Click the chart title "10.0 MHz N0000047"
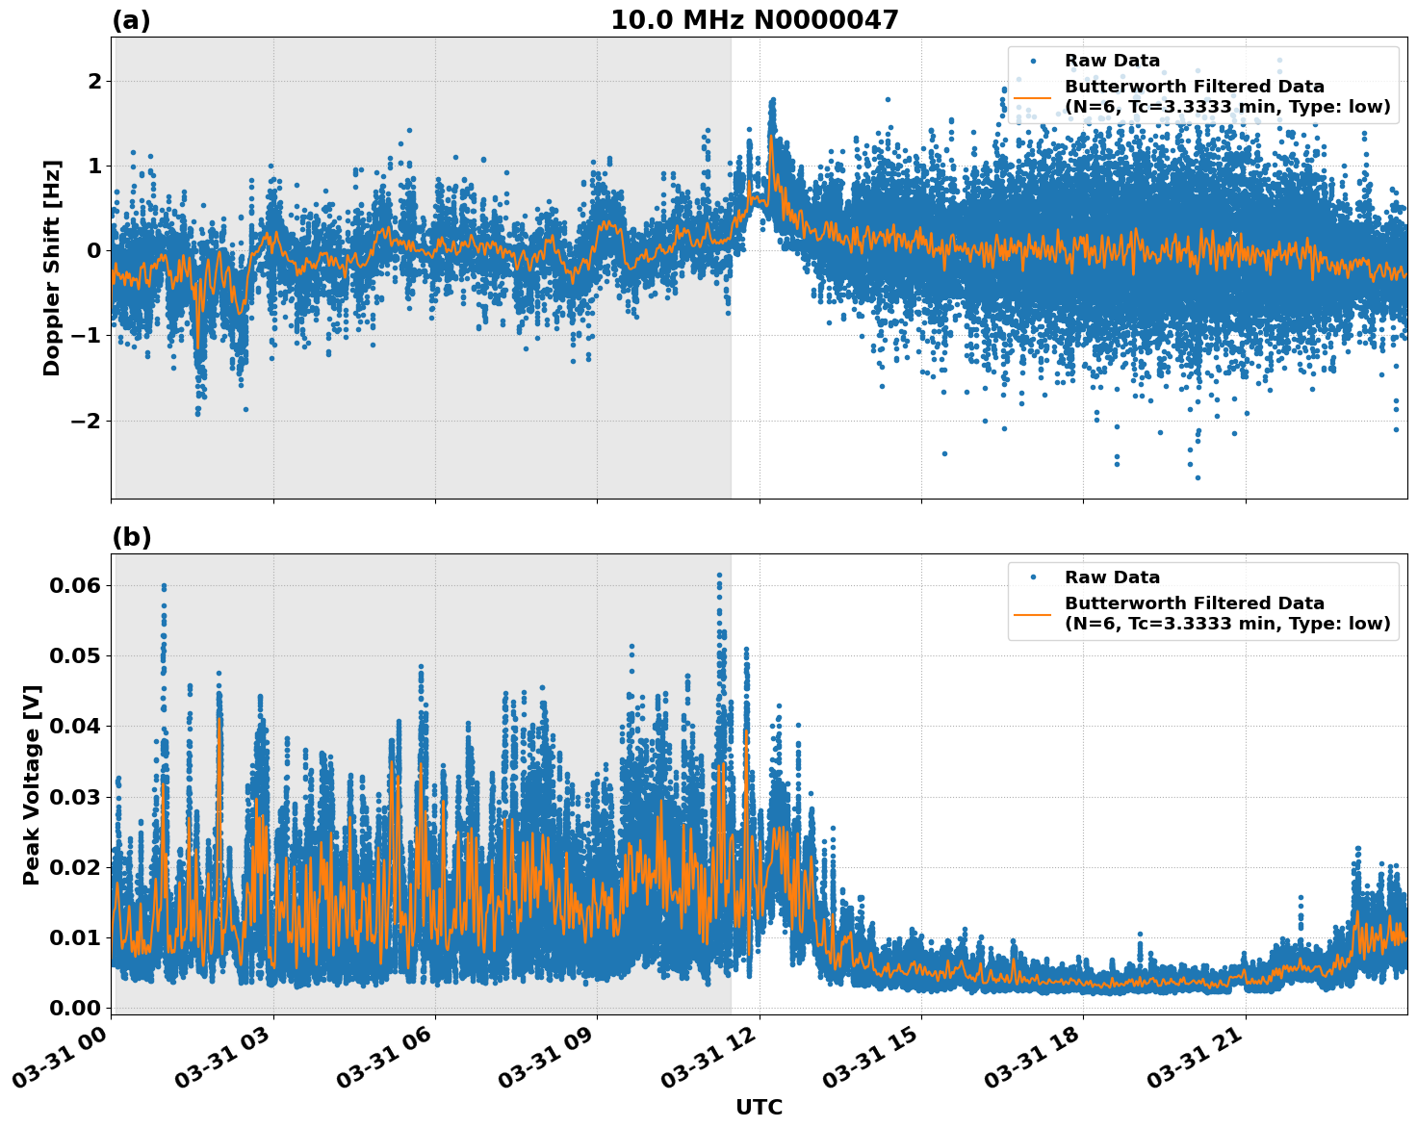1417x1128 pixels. [x=754, y=20]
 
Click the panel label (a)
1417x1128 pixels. [x=131, y=20]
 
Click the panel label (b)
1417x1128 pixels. [x=131, y=537]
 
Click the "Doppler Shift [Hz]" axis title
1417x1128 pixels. [x=52, y=268]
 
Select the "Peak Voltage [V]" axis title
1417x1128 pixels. [x=32, y=784]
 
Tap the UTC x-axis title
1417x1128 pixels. [x=759, y=1107]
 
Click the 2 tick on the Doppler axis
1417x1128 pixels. [x=94, y=82]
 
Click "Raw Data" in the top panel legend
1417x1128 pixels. [x=1112, y=62]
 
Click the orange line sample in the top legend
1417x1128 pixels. [x=1033, y=96]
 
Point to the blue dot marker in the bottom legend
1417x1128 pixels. [x=1033, y=577]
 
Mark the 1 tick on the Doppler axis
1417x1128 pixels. [x=94, y=167]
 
